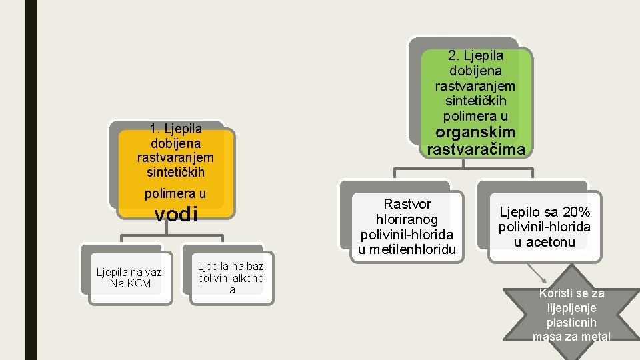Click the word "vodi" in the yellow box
coord(176,214)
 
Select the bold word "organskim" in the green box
coord(476,132)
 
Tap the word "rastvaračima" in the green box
coord(476,149)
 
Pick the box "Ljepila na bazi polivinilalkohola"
coord(232,278)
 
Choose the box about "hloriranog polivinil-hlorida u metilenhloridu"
coord(407,227)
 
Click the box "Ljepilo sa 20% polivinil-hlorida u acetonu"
coord(544,227)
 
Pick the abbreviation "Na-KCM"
coord(130,284)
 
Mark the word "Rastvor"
coord(407,204)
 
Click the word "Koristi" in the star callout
coord(555,293)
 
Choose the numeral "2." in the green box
coord(455,55)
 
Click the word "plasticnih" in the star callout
coord(571,322)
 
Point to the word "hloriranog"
coord(407,219)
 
